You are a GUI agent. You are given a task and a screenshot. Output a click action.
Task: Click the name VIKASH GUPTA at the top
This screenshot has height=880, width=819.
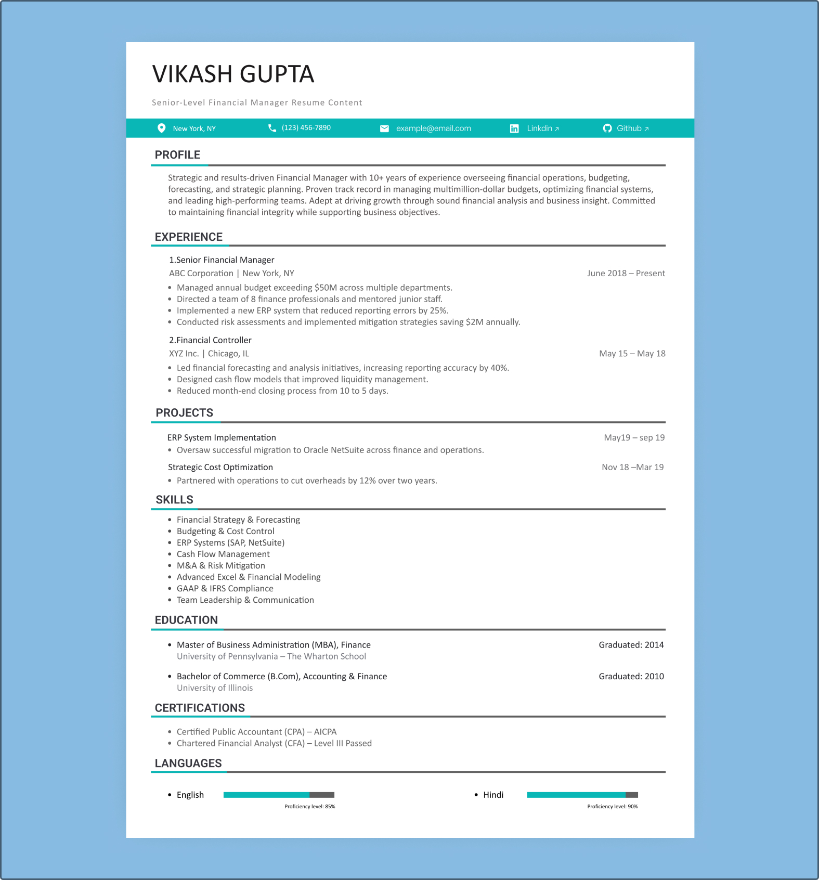pos(233,74)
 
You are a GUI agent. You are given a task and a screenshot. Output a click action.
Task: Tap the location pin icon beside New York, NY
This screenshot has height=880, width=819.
pos(162,128)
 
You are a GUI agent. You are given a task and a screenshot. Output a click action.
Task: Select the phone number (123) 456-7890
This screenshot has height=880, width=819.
pos(306,128)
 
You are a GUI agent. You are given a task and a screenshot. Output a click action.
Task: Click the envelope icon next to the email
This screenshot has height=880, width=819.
pos(384,128)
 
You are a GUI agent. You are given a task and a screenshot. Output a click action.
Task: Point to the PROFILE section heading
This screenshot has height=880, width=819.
pos(177,155)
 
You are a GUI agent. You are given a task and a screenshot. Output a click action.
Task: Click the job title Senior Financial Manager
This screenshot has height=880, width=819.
pos(222,260)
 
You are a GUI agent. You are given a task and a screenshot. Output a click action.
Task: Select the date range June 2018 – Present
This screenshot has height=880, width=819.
pos(626,274)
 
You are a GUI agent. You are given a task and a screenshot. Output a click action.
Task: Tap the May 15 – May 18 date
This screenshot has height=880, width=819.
pos(632,354)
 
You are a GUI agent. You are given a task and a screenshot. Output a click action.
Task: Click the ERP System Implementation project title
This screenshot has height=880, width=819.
pos(222,438)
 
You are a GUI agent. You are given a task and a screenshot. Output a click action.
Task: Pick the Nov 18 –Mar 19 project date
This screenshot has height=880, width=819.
pos(632,468)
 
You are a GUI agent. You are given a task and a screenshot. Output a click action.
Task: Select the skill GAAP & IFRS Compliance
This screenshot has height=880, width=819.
pos(225,589)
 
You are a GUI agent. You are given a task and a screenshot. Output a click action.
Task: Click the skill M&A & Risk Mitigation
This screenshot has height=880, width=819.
pos(220,566)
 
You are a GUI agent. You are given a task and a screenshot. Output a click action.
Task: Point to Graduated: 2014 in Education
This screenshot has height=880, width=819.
pos(631,645)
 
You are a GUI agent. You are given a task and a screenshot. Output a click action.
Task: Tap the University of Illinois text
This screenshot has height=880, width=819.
pos(215,688)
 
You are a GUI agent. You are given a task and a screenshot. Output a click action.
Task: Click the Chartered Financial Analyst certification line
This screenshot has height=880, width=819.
pos(274,744)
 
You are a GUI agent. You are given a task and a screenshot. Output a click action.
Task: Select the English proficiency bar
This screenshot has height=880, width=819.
pos(279,795)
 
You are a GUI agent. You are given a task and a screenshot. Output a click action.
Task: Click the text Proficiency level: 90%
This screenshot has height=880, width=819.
pos(612,807)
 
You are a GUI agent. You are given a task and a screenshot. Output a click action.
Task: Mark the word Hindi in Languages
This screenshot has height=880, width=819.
pos(493,795)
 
